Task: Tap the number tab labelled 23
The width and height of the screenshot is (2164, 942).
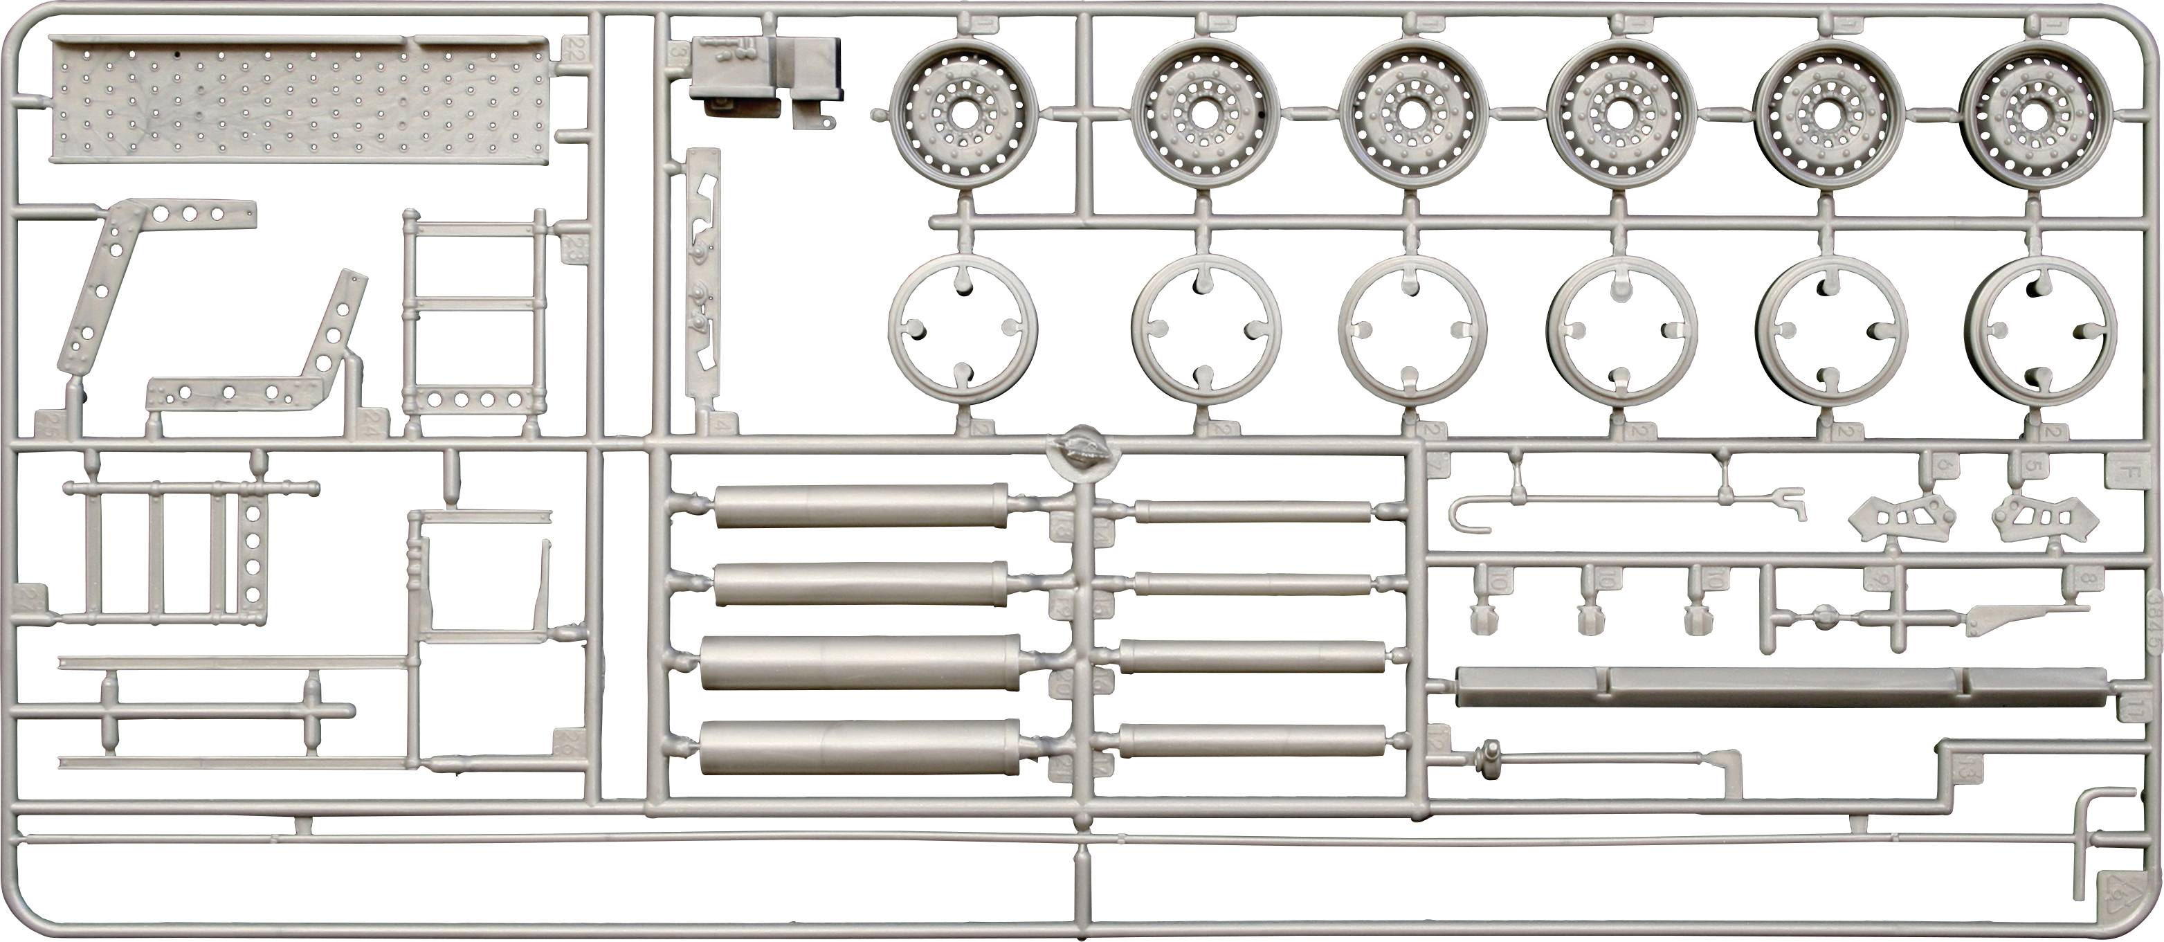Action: click(x=574, y=246)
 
